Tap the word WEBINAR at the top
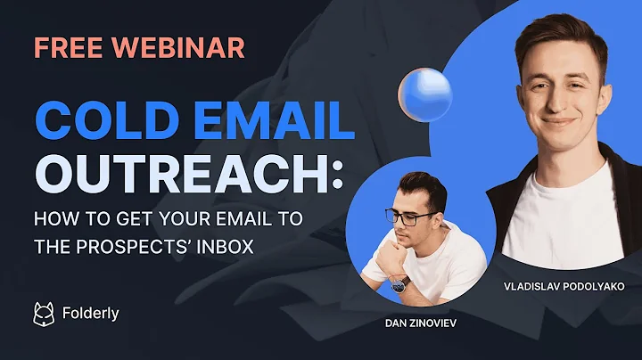(x=178, y=46)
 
